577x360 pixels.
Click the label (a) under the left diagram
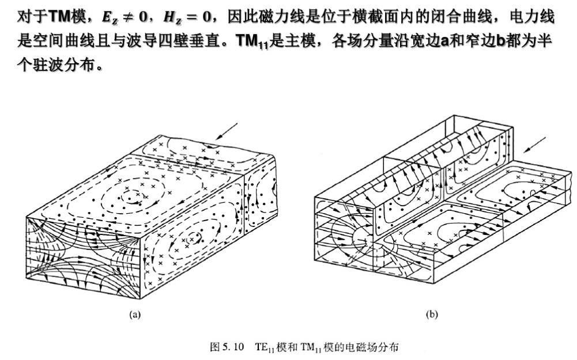135,314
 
